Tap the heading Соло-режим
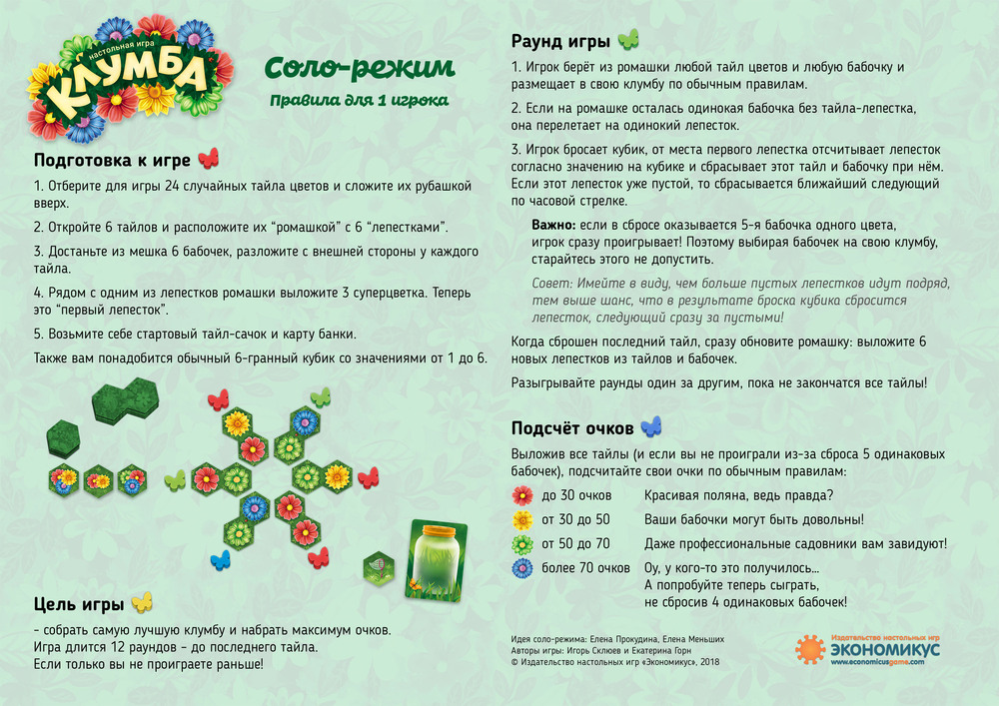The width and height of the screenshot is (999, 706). [x=359, y=68]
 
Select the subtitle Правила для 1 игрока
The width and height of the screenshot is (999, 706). [x=359, y=100]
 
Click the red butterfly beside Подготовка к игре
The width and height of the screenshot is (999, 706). [x=208, y=160]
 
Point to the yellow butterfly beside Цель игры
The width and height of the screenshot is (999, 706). [x=142, y=602]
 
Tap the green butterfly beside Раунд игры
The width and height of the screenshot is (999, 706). [x=628, y=40]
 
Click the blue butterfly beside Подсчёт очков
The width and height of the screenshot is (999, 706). [x=651, y=427]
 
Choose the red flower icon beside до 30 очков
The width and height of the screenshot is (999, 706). [x=522, y=495]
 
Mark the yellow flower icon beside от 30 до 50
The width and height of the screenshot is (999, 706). [x=522, y=520]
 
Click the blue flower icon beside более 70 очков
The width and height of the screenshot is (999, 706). [x=522, y=568]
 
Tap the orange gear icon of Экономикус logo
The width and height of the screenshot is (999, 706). [x=810, y=649]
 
